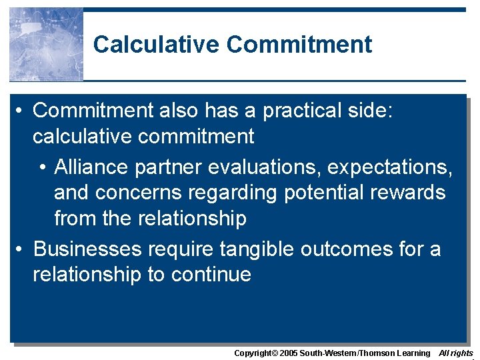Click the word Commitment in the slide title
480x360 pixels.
299,45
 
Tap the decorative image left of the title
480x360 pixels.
46,45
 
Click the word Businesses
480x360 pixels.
87,249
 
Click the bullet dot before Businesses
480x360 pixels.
21,250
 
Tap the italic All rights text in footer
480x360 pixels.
456,353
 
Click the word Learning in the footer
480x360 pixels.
414,353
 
